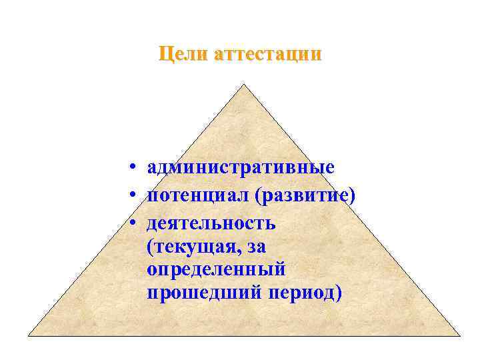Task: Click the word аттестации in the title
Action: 267,53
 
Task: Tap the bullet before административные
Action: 134,167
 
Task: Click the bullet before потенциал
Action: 134,196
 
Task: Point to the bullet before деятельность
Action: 134,224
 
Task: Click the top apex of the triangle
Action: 243,85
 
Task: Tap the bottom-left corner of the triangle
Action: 29,335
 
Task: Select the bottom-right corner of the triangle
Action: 459,335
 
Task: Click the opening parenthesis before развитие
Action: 266,196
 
